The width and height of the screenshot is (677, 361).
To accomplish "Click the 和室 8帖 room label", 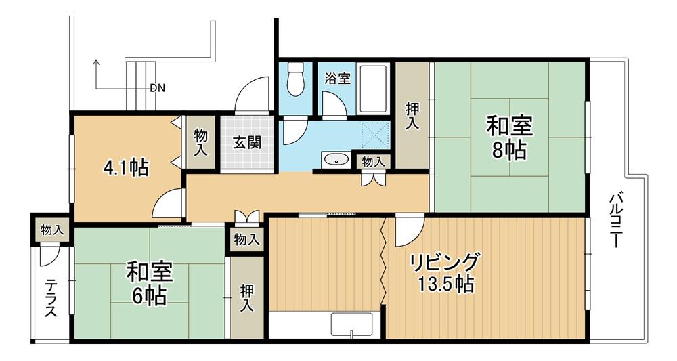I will click(510, 137).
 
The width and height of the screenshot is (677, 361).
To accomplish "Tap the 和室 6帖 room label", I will click(150, 284).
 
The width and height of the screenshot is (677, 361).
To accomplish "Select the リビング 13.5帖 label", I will click(445, 272).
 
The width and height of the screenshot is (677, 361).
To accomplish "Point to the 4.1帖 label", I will click(126, 167).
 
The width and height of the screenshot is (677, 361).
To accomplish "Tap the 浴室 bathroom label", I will click(337, 78).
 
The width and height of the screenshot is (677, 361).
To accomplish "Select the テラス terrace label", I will click(51, 299).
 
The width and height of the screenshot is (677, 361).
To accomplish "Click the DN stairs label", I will click(157, 88).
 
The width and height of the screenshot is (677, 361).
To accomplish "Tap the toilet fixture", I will click(295, 80).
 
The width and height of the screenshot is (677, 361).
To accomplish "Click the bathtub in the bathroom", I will click(372, 89).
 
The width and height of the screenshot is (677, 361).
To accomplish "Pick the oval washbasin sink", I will click(335, 160).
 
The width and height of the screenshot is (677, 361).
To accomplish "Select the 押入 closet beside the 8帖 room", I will click(412, 115).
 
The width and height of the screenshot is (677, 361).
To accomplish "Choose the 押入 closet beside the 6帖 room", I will click(246, 298).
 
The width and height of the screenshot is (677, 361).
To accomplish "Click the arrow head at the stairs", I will click(96, 63).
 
